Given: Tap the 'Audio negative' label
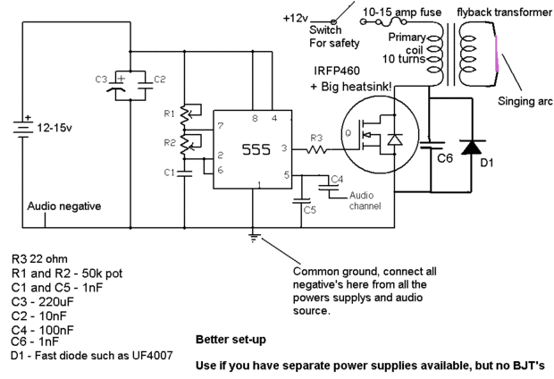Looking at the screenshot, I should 64,206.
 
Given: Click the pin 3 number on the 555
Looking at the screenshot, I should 285,147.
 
